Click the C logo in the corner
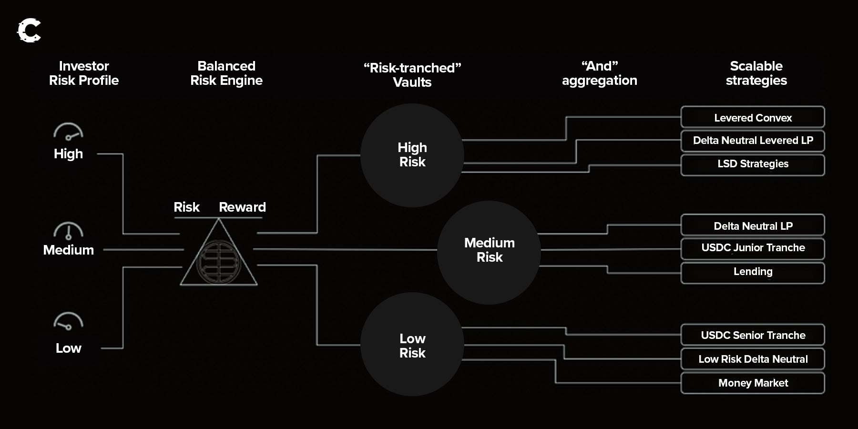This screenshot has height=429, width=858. (x=29, y=31)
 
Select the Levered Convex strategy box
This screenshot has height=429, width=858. (x=753, y=117)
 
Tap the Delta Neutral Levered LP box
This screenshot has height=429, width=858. (x=753, y=141)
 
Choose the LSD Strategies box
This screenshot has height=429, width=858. (x=753, y=164)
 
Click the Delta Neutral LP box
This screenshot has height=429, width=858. (x=753, y=225)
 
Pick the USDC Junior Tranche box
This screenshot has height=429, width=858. (x=753, y=248)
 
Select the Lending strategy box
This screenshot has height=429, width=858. (x=753, y=272)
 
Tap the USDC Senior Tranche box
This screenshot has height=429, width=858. (x=753, y=335)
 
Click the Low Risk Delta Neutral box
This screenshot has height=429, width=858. (x=753, y=359)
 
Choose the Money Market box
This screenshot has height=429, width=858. (x=753, y=383)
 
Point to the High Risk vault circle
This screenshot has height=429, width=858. (x=412, y=155)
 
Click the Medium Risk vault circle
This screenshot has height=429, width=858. (x=489, y=252)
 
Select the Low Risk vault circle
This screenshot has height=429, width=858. (x=412, y=344)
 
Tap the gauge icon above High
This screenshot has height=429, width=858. (x=68, y=132)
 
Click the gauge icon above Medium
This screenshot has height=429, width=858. (x=68, y=231)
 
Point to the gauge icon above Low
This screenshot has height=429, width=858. (x=68, y=321)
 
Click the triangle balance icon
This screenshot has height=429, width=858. (x=219, y=257)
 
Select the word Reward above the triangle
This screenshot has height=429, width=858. (x=242, y=207)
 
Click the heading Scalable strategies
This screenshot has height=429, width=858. (x=756, y=73)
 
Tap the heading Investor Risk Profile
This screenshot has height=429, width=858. (x=84, y=73)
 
